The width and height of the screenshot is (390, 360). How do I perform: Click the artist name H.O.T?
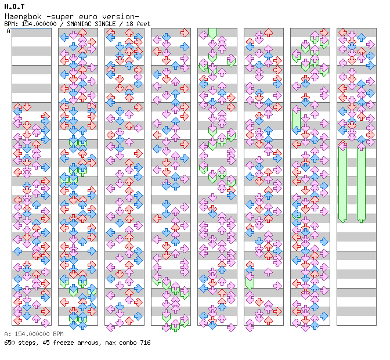tap(15, 6)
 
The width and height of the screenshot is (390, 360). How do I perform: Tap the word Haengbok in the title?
tap(23, 17)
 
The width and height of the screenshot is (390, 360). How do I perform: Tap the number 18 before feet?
tap(129, 24)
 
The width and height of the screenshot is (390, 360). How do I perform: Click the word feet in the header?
tap(143, 24)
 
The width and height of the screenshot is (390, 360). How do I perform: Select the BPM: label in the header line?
tap(11, 24)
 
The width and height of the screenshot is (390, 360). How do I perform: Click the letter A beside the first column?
tap(9, 31)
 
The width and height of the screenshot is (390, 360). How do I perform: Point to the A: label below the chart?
tap(8, 334)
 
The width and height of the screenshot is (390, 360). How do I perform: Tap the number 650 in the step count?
tap(9, 343)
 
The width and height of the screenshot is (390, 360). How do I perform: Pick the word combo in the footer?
tap(128, 343)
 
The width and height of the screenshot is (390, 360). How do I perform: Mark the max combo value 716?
tap(145, 343)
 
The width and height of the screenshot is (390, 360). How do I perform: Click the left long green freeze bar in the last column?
tap(343, 183)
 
